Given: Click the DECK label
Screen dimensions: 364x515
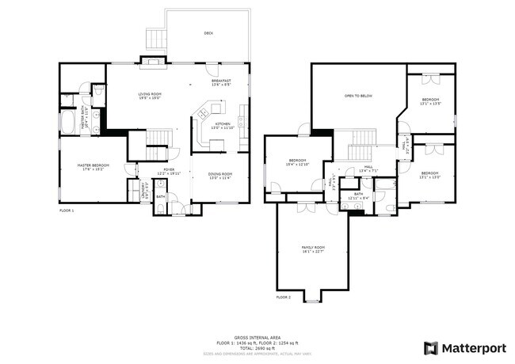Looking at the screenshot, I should [x=208, y=33].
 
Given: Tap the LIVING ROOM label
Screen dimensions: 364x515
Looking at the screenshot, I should [x=150, y=96].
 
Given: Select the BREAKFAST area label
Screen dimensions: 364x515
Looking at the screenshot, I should [x=221, y=82].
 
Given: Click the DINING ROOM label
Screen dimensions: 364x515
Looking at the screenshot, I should [x=219, y=176].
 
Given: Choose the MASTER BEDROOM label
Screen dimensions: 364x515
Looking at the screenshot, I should [x=93, y=167].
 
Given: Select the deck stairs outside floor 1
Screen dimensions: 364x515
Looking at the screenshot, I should [x=154, y=36].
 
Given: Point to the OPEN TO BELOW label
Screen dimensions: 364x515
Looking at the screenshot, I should [x=358, y=96].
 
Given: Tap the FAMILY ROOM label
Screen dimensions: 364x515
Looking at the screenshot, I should [x=313, y=250].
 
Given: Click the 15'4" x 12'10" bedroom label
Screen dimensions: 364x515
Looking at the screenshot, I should [x=297, y=161].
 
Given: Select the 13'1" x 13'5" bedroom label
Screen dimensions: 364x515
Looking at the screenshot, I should [x=430, y=101].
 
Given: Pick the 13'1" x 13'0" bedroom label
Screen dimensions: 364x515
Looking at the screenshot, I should [x=430, y=175].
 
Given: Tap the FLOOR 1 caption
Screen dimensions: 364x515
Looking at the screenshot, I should [x=67, y=210].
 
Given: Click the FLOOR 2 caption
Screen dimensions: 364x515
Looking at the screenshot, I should [x=284, y=297].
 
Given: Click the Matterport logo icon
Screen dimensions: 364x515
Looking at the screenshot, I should [x=430, y=347].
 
